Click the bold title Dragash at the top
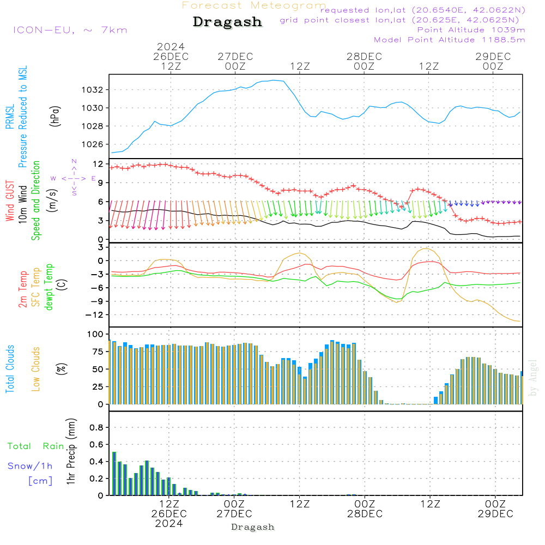tap(227, 22)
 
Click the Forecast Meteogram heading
tap(254, 5)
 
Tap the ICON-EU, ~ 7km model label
tap(70, 30)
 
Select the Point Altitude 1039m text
tap(471, 30)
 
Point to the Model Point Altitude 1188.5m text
tap(449, 40)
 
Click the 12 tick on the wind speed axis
tap(98, 164)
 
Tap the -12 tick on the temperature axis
tap(95, 315)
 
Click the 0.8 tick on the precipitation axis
tap(96, 427)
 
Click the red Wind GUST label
tap(9, 202)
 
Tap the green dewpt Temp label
tap(50, 287)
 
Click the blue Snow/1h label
tap(30, 466)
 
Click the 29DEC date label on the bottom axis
tap(494, 514)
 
